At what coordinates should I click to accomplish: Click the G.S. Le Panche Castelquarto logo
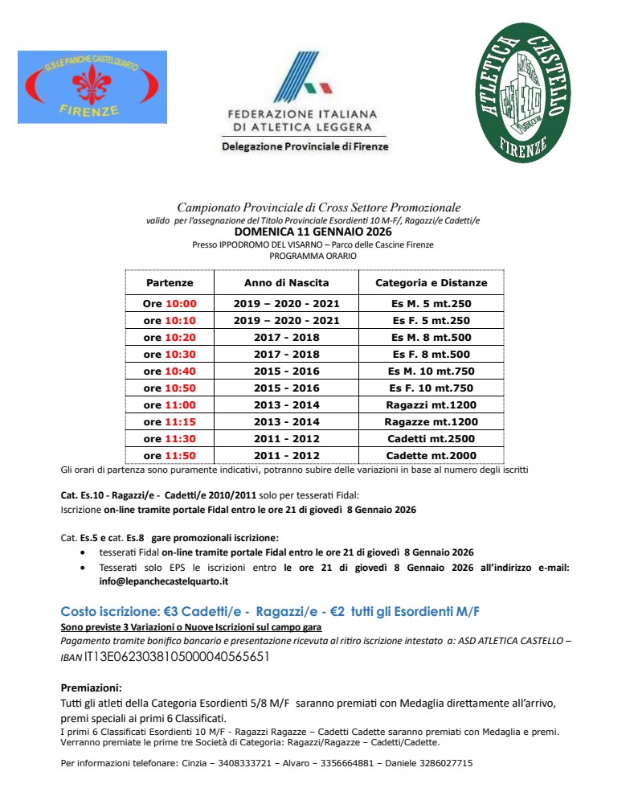(92, 87)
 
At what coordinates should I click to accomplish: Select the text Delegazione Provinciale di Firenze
(305, 147)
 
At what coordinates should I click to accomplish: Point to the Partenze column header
(170, 283)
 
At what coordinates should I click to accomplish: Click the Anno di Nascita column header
(287, 283)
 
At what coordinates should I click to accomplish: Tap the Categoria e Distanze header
(431, 283)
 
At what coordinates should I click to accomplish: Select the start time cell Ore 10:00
(170, 304)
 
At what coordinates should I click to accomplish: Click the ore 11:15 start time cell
(170, 422)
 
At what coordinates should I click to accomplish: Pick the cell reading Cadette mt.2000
(431, 456)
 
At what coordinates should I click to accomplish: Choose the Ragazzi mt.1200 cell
(431, 405)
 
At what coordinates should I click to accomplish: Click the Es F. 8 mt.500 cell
(431, 355)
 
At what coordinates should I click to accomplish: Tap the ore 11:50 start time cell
(170, 456)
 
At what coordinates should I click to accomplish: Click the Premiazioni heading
(92, 688)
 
